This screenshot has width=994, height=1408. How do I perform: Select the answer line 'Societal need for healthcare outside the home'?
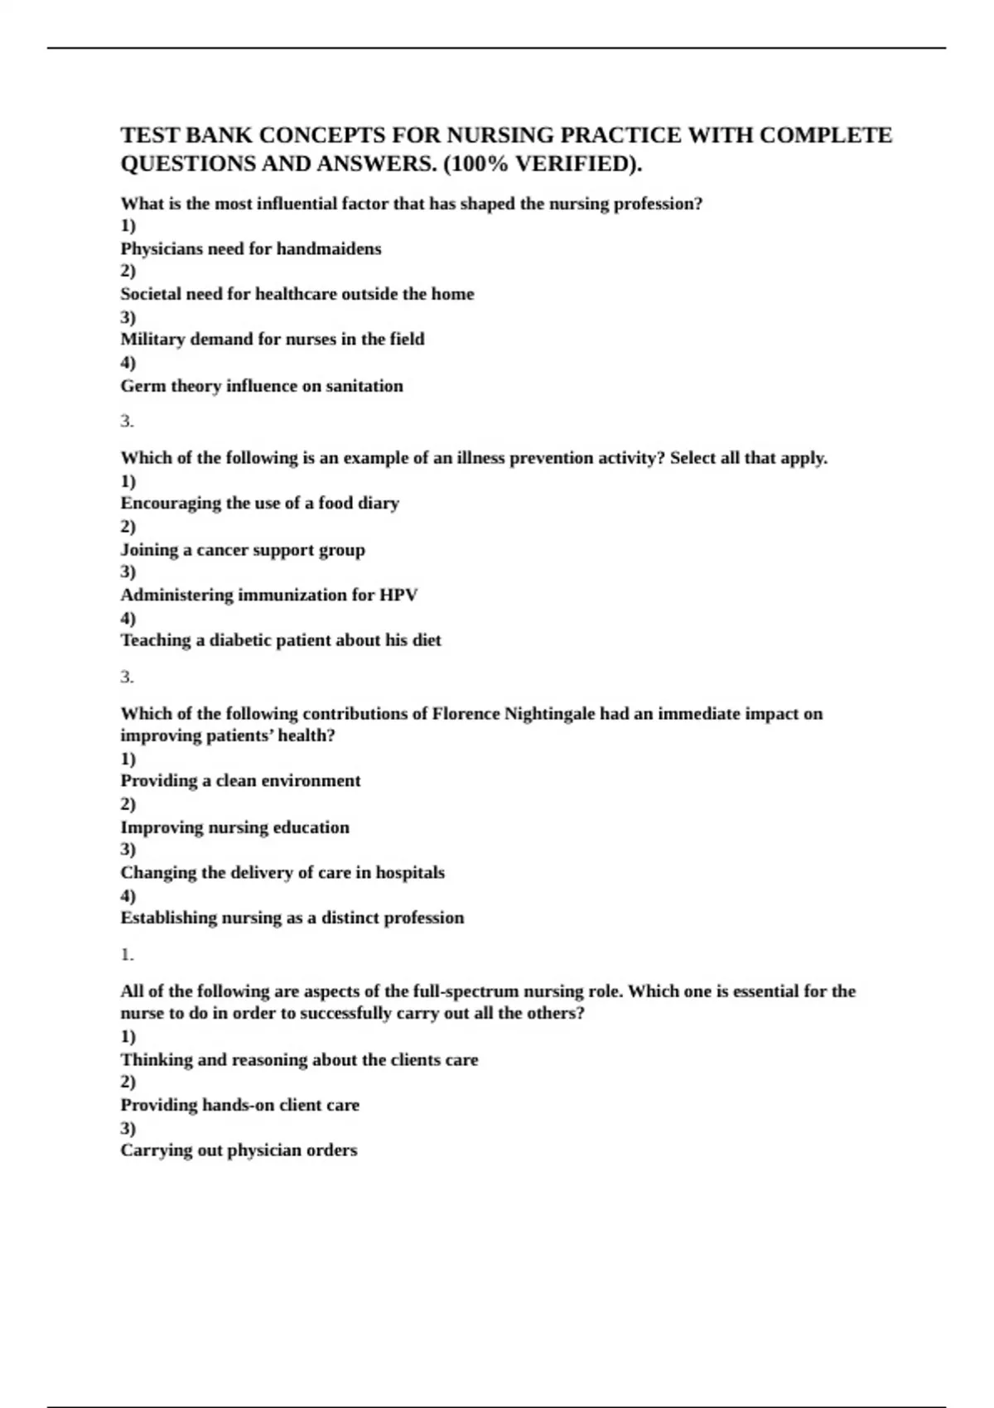point(297,294)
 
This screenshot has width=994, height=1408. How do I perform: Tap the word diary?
point(379,503)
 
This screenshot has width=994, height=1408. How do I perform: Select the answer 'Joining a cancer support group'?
point(243,550)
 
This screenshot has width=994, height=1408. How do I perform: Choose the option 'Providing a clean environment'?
point(240,781)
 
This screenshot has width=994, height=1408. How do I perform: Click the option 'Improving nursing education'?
point(234,827)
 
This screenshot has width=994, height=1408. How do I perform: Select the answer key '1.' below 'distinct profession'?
point(127,955)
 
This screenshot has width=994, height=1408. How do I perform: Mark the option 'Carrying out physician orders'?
point(239,1150)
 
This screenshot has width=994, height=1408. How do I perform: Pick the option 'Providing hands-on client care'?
point(239,1105)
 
